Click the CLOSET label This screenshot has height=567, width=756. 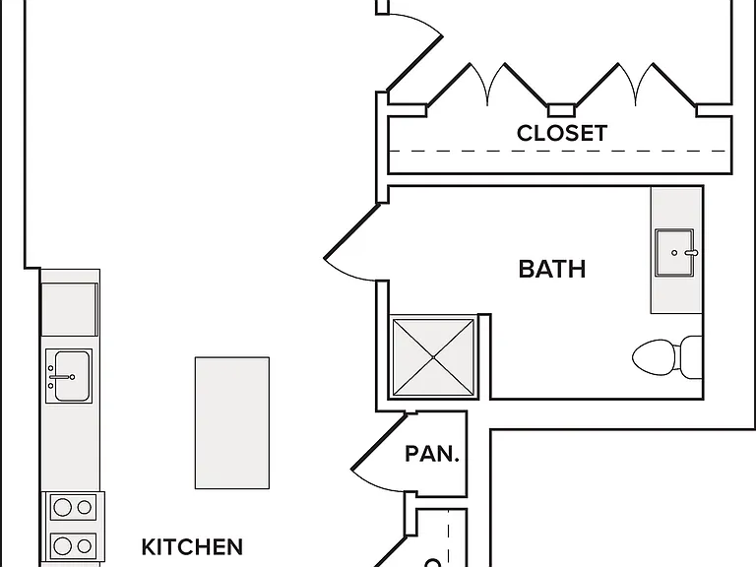[x=562, y=133]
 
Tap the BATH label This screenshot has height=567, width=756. [x=552, y=269]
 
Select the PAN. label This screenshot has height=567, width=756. [x=432, y=454]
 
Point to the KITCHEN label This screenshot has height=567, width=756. [x=192, y=546]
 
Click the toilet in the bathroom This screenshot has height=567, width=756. [x=666, y=357]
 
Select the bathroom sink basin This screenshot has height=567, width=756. [x=674, y=253]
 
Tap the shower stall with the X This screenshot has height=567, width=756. [x=433, y=356]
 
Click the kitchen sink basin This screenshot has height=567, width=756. [x=72, y=376]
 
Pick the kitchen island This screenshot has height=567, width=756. [x=232, y=423]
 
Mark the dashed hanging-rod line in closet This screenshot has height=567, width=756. [x=557, y=152]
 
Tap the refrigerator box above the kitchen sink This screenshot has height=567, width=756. [x=70, y=309]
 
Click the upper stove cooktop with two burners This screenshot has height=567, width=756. [x=73, y=507]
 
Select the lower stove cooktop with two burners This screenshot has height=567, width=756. [x=73, y=545]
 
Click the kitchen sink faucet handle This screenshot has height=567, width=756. [x=62, y=377]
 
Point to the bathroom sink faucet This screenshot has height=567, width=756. [x=691, y=253]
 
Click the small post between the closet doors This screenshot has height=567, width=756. [x=561, y=110]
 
